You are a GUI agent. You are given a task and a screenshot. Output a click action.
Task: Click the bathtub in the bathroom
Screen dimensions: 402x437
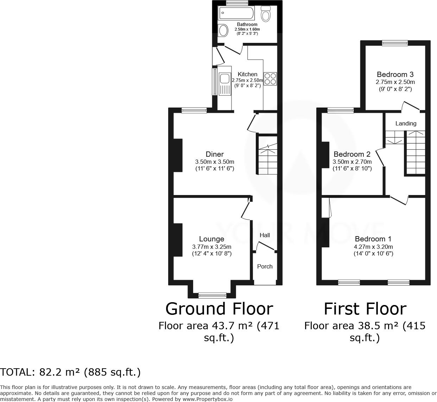236,14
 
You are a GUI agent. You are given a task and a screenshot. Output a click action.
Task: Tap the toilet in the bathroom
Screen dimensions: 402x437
266,14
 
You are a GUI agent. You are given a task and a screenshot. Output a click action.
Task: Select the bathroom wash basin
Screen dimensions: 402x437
223,31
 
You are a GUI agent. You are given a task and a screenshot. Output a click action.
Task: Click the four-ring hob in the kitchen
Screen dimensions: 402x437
270,79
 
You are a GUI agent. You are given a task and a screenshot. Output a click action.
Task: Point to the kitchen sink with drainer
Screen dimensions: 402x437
224,84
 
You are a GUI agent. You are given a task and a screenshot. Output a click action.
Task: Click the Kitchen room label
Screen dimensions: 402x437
247,74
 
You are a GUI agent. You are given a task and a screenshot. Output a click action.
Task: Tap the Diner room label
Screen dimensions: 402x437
215,154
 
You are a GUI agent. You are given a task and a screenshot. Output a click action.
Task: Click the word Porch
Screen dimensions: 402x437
265,266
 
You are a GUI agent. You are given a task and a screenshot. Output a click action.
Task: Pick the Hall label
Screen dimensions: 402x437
265,235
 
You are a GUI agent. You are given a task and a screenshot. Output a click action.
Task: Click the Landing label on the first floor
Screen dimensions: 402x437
406,123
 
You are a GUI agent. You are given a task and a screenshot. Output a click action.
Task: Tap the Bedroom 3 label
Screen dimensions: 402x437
395,74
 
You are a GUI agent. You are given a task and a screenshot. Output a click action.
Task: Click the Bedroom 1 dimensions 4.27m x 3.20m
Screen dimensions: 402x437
373,247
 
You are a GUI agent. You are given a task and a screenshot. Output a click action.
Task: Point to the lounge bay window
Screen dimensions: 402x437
212,295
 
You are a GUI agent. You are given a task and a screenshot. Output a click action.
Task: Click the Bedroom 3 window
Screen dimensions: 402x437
395,43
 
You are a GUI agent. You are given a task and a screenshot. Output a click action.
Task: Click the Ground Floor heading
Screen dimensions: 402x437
219,309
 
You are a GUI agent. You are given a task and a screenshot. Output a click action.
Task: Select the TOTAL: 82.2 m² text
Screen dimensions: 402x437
70,372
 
